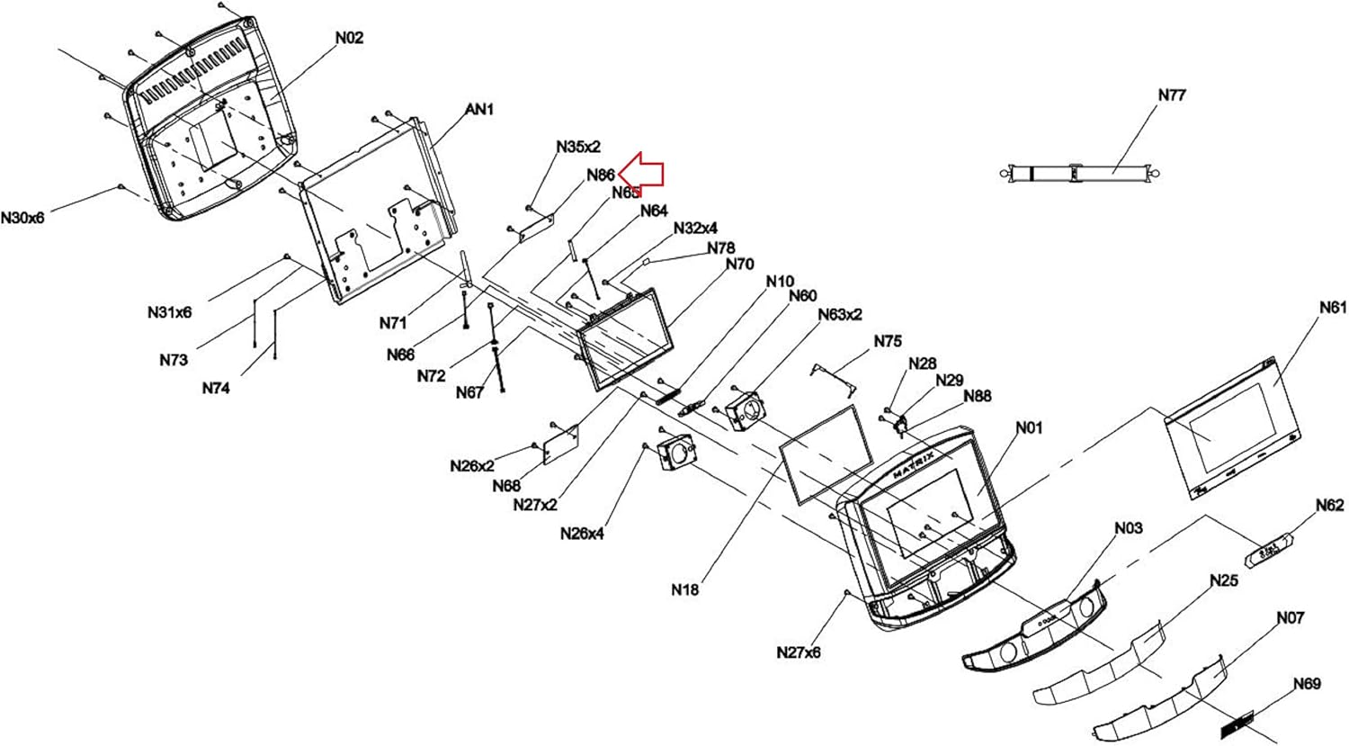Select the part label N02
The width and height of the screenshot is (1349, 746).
click(349, 38)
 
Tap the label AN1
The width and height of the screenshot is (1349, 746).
click(479, 110)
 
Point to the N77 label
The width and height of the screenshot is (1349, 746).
click(1171, 94)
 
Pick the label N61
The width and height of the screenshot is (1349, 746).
click(1333, 308)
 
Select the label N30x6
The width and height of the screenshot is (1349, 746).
click(22, 218)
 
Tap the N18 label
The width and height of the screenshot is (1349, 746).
click(684, 590)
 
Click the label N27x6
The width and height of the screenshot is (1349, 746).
click(799, 652)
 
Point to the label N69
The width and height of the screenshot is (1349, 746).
click(1307, 684)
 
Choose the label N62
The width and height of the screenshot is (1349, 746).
click(1329, 506)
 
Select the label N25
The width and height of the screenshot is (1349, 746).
click(1223, 581)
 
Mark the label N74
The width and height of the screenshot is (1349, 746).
click(216, 389)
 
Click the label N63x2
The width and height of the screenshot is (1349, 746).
click(840, 314)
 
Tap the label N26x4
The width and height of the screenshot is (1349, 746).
click(582, 534)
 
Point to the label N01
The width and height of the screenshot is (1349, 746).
click(1029, 427)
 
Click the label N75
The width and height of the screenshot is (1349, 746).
click(887, 342)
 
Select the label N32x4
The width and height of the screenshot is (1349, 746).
click(695, 229)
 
